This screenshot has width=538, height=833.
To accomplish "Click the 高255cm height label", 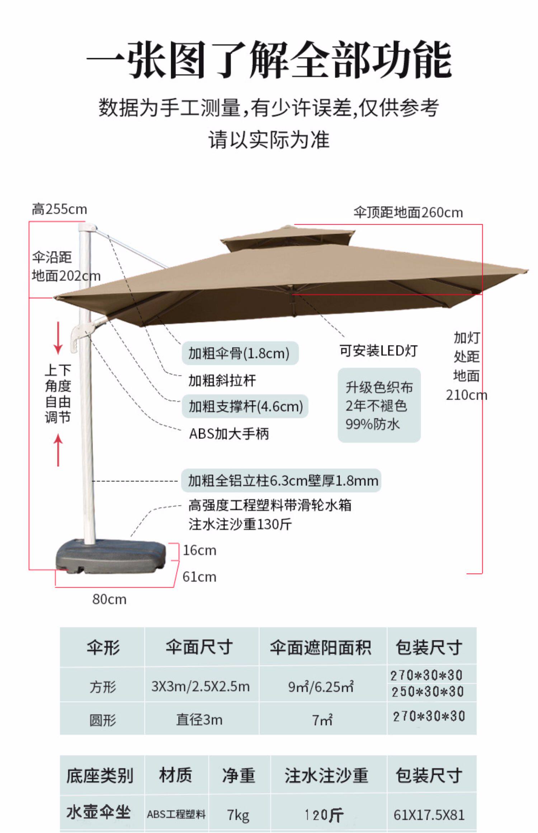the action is click(x=59, y=209).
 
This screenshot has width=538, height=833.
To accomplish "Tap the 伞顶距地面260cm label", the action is click(x=408, y=213).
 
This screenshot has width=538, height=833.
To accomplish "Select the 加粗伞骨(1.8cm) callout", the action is click(x=240, y=353).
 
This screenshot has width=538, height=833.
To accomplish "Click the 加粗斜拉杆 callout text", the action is click(x=222, y=380).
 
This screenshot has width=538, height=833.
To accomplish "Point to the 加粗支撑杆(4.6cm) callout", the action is click(x=245, y=406).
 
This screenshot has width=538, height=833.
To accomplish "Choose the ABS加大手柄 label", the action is click(x=229, y=434).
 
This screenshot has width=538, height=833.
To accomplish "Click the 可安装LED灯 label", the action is click(x=378, y=350).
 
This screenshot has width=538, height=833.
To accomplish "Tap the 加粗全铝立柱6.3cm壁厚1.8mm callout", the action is click(x=283, y=480).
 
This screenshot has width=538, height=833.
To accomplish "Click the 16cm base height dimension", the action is click(x=199, y=550).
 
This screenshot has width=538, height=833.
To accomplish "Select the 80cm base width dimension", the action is click(x=109, y=599).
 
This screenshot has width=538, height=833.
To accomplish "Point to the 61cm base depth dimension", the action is click(x=199, y=577).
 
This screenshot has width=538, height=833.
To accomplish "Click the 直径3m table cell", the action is click(x=199, y=720).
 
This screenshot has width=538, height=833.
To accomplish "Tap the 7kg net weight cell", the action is click(x=238, y=815).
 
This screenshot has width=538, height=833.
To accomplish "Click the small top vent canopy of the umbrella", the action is click(x=287, y=239).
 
